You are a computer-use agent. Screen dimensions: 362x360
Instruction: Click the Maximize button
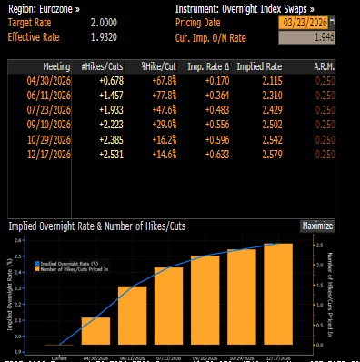[317, 226]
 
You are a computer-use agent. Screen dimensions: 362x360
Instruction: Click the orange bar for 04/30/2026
[95, 332]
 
